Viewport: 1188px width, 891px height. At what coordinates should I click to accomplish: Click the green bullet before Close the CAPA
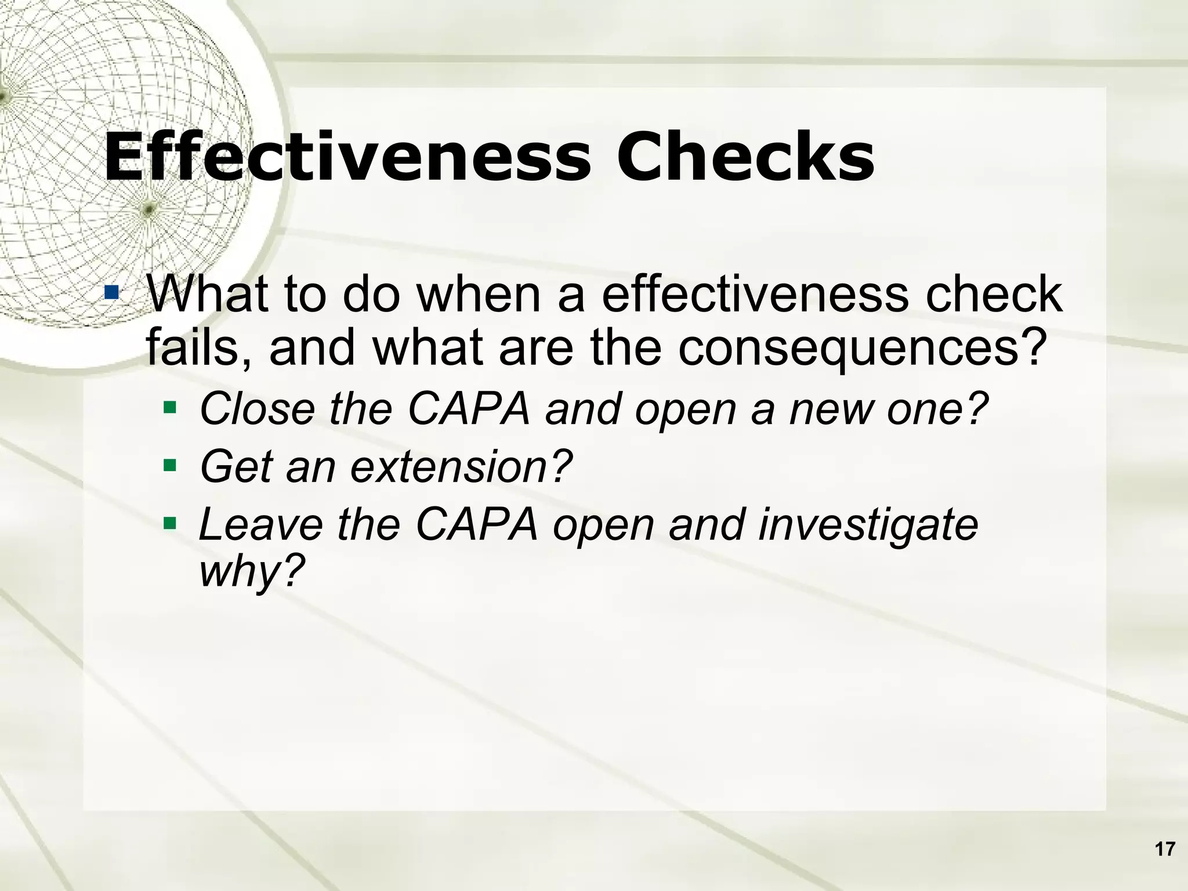pyautogui.click(x=169, y=408)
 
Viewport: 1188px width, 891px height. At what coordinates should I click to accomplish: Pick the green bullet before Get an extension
pyautogui.click(x=169, y=465)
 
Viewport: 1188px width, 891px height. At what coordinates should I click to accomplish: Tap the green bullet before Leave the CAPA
pyautogui.click(x=169, y=524)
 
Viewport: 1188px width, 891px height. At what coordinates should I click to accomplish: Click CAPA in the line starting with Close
pyautogui.click(x=469, y=409)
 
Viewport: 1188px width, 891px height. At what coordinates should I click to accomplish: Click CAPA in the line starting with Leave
pyautogui.click(x=477, y=524)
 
